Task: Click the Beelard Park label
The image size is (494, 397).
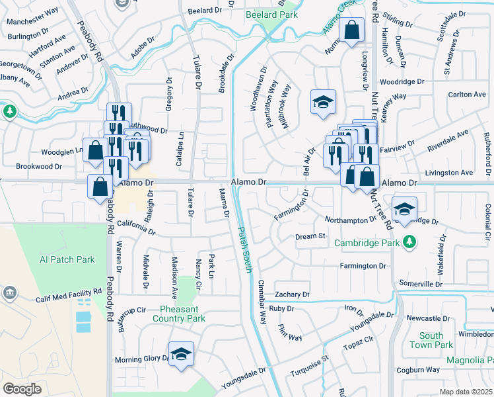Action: [x=271, y=15]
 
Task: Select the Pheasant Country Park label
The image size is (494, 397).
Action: [x=182, y=314]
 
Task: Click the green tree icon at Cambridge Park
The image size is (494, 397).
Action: [x=410, y=242]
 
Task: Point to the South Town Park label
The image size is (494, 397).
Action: [x=431, y=340]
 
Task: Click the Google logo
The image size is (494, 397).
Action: [x=22, y=389]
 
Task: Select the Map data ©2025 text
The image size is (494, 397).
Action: [x=466, y=392]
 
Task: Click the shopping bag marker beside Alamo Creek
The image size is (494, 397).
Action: [x=352, y=29]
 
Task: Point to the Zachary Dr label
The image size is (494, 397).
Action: [x=293, y=294]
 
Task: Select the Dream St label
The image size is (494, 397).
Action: [x=311, y=236]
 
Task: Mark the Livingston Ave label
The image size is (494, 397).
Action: [x=450, y=173]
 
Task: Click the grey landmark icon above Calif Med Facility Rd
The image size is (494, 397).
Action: [x=11, y=292]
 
